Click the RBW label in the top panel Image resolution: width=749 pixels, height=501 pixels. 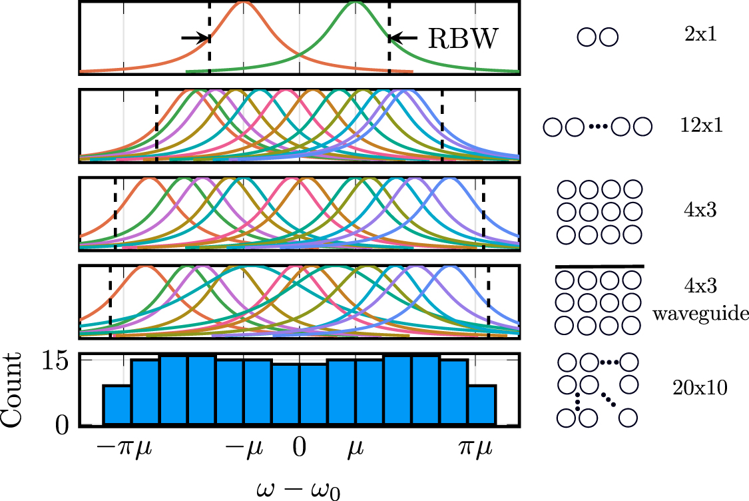coord(463,39)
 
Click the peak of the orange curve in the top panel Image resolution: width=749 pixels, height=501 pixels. coord(244,3)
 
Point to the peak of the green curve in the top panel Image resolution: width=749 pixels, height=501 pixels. coord(356,3)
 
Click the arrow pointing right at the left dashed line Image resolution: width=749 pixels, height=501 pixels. coord(194,38)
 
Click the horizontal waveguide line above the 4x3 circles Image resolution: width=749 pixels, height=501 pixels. coord(599,266)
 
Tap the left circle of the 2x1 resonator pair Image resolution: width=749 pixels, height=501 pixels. coord(587,36)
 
